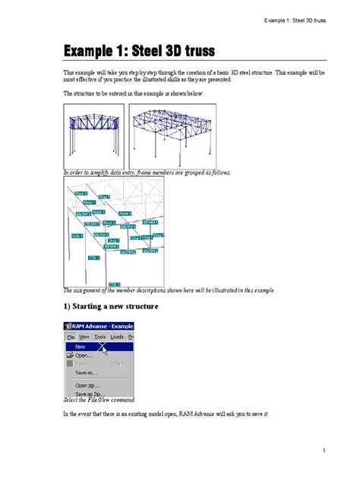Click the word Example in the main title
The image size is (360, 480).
(x=89, y=51)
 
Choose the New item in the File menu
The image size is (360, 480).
(x=81, y=346)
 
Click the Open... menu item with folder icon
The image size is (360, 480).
(x=84, y=355)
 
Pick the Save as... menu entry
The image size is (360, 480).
(x=86, y=373)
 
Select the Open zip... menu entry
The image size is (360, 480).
(x=88, y=386)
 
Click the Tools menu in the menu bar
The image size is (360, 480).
(x=100, y=336)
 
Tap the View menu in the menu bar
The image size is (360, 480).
(x=84, y=336)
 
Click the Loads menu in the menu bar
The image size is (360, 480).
(x=117, y=336)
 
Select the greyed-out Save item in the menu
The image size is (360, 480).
(x=81, y=364)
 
